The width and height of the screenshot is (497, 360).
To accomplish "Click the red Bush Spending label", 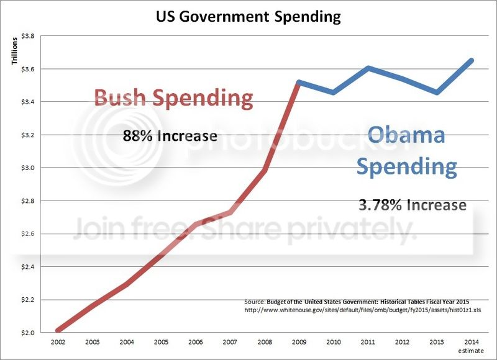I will (173, 99).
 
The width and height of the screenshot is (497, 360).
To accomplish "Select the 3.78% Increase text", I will (413, 204).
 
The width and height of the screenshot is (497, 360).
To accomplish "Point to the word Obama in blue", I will (406, 135).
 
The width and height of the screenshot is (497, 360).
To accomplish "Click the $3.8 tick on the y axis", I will (27, 36).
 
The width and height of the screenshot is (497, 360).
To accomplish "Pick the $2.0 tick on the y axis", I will (27, 333).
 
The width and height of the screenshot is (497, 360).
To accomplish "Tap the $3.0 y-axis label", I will (27, 168).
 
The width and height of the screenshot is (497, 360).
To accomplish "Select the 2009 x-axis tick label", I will (299, 342).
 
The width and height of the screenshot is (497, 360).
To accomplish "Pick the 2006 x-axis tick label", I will (195, 342).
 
